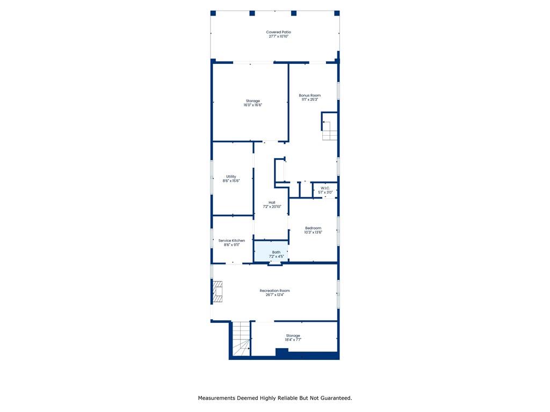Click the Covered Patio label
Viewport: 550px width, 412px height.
tap(279, 32)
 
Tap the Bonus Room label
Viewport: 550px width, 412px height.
tap(310, 95)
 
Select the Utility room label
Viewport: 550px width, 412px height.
tap(231, 176)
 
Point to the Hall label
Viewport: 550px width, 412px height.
tap(272, 202)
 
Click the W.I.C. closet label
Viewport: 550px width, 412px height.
tap(325, 188)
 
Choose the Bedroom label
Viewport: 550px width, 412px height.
tap(313, 228)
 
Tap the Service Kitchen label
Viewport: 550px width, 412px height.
tap(231, 241)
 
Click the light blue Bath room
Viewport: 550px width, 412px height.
tap(271, 251)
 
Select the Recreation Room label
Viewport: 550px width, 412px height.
tap(274, 291)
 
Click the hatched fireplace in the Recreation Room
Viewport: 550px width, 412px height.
tap(218, 291)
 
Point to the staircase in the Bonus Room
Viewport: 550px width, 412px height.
tap(330, 131)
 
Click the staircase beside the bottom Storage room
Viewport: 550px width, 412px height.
tap(241, 339)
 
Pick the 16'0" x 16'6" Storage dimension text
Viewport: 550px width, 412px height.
tap(253, 105)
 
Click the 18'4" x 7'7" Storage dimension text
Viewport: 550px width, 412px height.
tap(293, 340)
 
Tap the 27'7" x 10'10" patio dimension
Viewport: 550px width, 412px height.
tap(279, 36)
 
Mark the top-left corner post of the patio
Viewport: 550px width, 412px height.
tap(213, 13)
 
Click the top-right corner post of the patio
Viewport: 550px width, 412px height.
tap(337, 13)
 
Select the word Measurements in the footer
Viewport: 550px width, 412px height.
tap(216, 398)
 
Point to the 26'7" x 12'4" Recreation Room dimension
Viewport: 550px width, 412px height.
tap(274, 295)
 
